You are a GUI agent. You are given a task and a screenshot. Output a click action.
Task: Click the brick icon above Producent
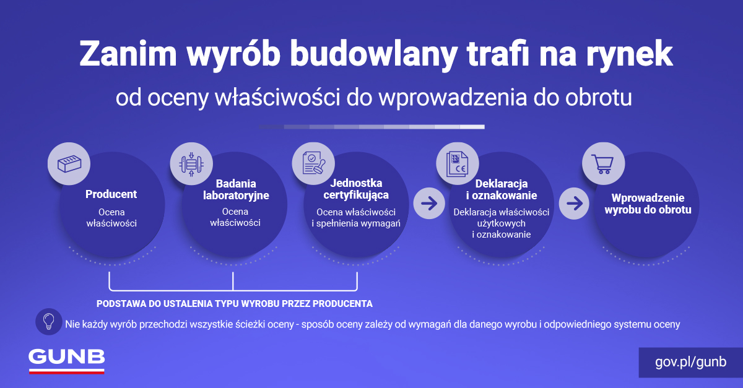pyautogui.click(x=69, y=164)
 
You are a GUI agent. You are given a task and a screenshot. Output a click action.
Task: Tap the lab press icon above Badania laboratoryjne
pyautogui.click(x=191, y=164)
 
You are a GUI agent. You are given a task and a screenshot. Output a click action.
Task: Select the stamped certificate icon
pyautogui.click(x=313, y=163)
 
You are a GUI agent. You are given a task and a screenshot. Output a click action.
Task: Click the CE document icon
pyautogui.click(x=458, y=164)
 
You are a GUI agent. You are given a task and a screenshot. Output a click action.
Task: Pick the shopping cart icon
pyautogui.click(x=603, y=164)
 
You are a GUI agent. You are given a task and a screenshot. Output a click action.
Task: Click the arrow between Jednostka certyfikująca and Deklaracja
pyautogui.click(x=429, y=204)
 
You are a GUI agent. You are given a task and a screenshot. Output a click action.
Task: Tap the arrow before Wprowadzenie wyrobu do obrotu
pyautogui.click(x=575, y=204)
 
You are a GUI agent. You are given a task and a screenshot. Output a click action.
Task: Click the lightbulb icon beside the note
pyautogui.click(x=49, y=321)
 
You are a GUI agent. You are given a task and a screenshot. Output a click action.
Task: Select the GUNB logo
pyautogui.click(x=67, y=361)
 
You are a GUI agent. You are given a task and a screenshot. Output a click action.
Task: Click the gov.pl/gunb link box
pyautogui.click(x=690, y=362)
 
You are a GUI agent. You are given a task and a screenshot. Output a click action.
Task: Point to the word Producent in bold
pyautogui.click(x=111, y=194)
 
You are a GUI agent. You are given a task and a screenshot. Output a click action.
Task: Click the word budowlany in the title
pyautogui.click(x=373, y=54)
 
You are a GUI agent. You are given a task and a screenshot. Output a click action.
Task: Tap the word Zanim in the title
pyautogui.click(x=128, y=53)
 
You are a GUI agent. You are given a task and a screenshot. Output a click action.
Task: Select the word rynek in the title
pyautogui.click(x=629, y=54)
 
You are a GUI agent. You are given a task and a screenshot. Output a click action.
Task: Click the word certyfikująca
pyautogui.click(x=356, y=196)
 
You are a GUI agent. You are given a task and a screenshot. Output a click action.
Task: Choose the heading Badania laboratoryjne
pyautogui.click(x=236, y=190)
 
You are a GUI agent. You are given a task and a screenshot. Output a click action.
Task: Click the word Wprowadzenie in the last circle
pyautogui.click(x=648, y=198)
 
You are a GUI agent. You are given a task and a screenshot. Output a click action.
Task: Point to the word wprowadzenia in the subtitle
pyautogui.click(x=453, y=98)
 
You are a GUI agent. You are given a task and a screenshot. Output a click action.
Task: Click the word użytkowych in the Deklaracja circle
pyautogui.click(x=501, y=224)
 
